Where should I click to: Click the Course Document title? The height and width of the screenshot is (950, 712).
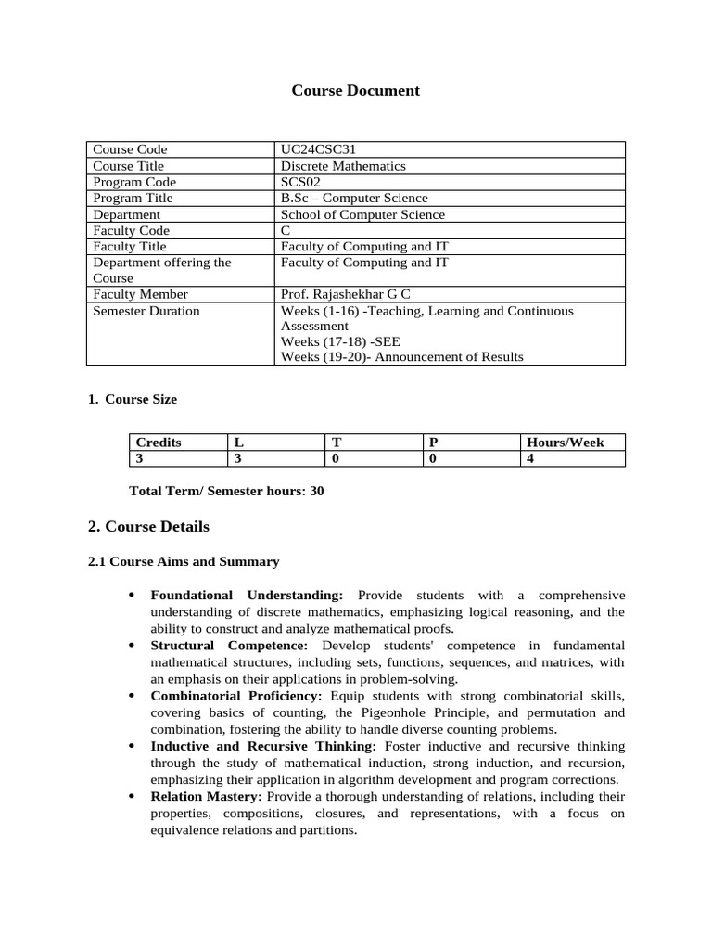pyautogui.click(x=355, y=90)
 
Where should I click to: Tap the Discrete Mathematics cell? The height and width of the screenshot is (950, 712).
pyautogui.click(x=343, y=166)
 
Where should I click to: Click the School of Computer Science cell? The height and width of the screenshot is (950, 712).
pyautogui.click(x=362, y=214)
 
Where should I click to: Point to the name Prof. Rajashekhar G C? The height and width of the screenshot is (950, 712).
pyautogui.click(x=345, y=295)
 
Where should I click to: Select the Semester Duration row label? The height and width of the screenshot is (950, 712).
pyautogui.click(x=146, y=311)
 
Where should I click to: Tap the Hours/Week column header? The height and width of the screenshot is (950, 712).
pyautogui.click(x=565, y=443)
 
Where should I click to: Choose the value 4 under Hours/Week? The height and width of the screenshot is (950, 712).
pyautogui.click(x=530, y=458)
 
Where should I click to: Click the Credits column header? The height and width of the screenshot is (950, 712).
pyautogui.click(x=159, y=443)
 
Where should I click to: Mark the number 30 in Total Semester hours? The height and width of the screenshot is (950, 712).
pyautogui.click(x=316, y=491)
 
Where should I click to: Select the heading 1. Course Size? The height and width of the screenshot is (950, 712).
pyautogui.click(x=132, y=399)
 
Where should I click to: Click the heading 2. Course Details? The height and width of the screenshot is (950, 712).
pyautogui.click(x=148, y=527)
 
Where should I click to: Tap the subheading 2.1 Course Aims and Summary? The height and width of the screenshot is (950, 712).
pyautogui.click(x=183, y=561)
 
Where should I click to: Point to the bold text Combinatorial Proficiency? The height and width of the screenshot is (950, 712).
pyautogui.click(x=236, y=696)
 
